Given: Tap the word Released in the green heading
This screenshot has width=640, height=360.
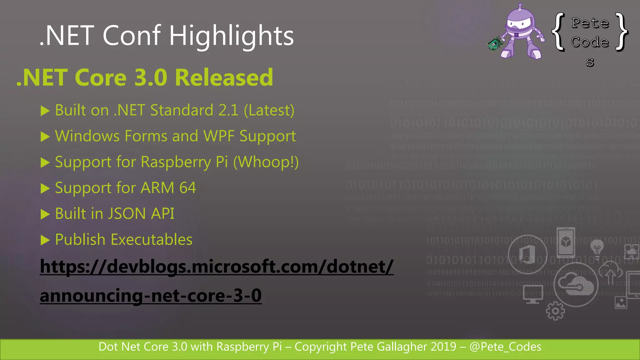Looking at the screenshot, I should (x=224, y=77).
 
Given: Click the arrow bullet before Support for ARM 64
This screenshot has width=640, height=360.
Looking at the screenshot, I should (x=45, y=188).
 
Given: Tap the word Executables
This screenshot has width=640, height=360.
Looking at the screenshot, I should (x=152, y=240).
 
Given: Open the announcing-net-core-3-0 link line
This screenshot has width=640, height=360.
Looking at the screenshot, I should (x=151, y=296).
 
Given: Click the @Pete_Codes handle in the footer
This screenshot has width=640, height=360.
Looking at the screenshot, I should (x=505, y=347).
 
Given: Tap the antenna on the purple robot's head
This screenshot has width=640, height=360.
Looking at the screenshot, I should (x=520, y=6).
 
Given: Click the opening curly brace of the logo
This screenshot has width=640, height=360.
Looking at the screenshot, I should (x=558, y=31).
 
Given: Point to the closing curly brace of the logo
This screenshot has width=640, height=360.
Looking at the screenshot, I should (x=621, y=31).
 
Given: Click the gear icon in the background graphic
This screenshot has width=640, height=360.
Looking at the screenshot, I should (x=555, y=311).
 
